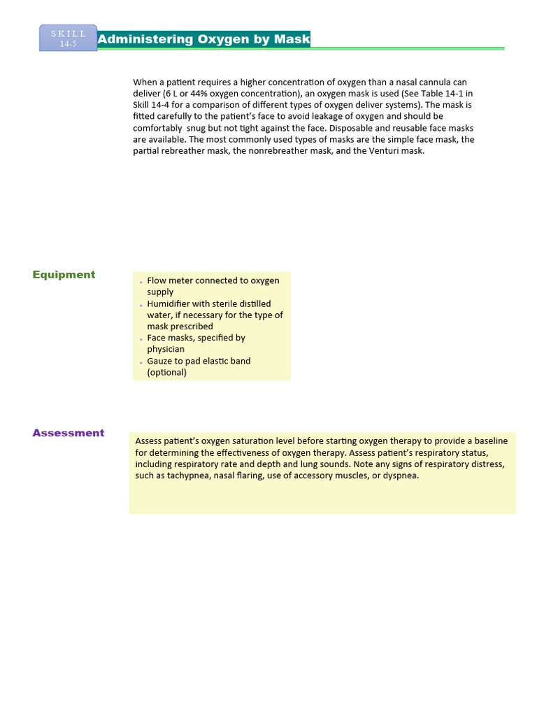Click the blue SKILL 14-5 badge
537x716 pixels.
pyautogui.click(x=68, y=38)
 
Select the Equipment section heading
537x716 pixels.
pyautogui.click(x=64, y=275)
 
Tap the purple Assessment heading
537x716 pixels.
pyautogui.click(x=68, y=433)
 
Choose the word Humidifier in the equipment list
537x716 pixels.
pyautogui.click(x=169, y=303)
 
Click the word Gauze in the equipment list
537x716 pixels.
pyautogui.click(x=160, y=361)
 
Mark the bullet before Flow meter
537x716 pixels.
pyautogui.click(x=141, y=282)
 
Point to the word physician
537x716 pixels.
pyautogui.click(x=166, y=349)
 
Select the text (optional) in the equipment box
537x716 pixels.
pyautogui.click(x=166, y=372)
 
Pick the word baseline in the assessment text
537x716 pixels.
pyautogui.click(x=492, y=441)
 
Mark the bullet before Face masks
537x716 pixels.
pyautogui.click(x=141, y=339)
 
